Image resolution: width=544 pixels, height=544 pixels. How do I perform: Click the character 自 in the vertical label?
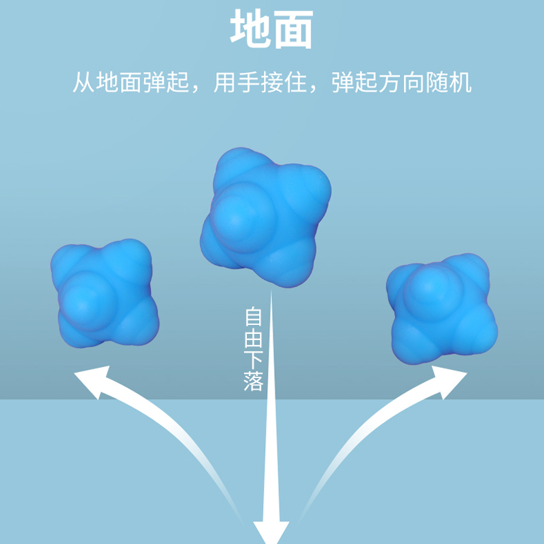click(x=253, y=318)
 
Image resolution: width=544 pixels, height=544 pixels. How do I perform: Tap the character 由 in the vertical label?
click(x=253, y=339)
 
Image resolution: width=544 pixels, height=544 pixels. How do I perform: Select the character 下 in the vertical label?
click(x=253, y=360)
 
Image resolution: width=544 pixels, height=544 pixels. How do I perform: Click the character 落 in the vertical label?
click(x=253, y=381)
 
